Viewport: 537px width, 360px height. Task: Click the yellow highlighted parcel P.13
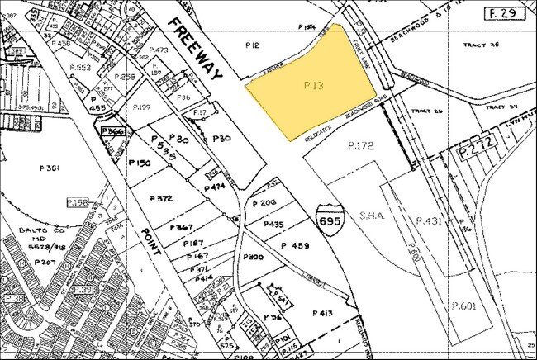tap(310, 91)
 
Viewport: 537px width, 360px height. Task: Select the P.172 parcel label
tap(361, 145)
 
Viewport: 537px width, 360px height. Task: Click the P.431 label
tap(430, 220)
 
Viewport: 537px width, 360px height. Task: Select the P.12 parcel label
tap(257, 42)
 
